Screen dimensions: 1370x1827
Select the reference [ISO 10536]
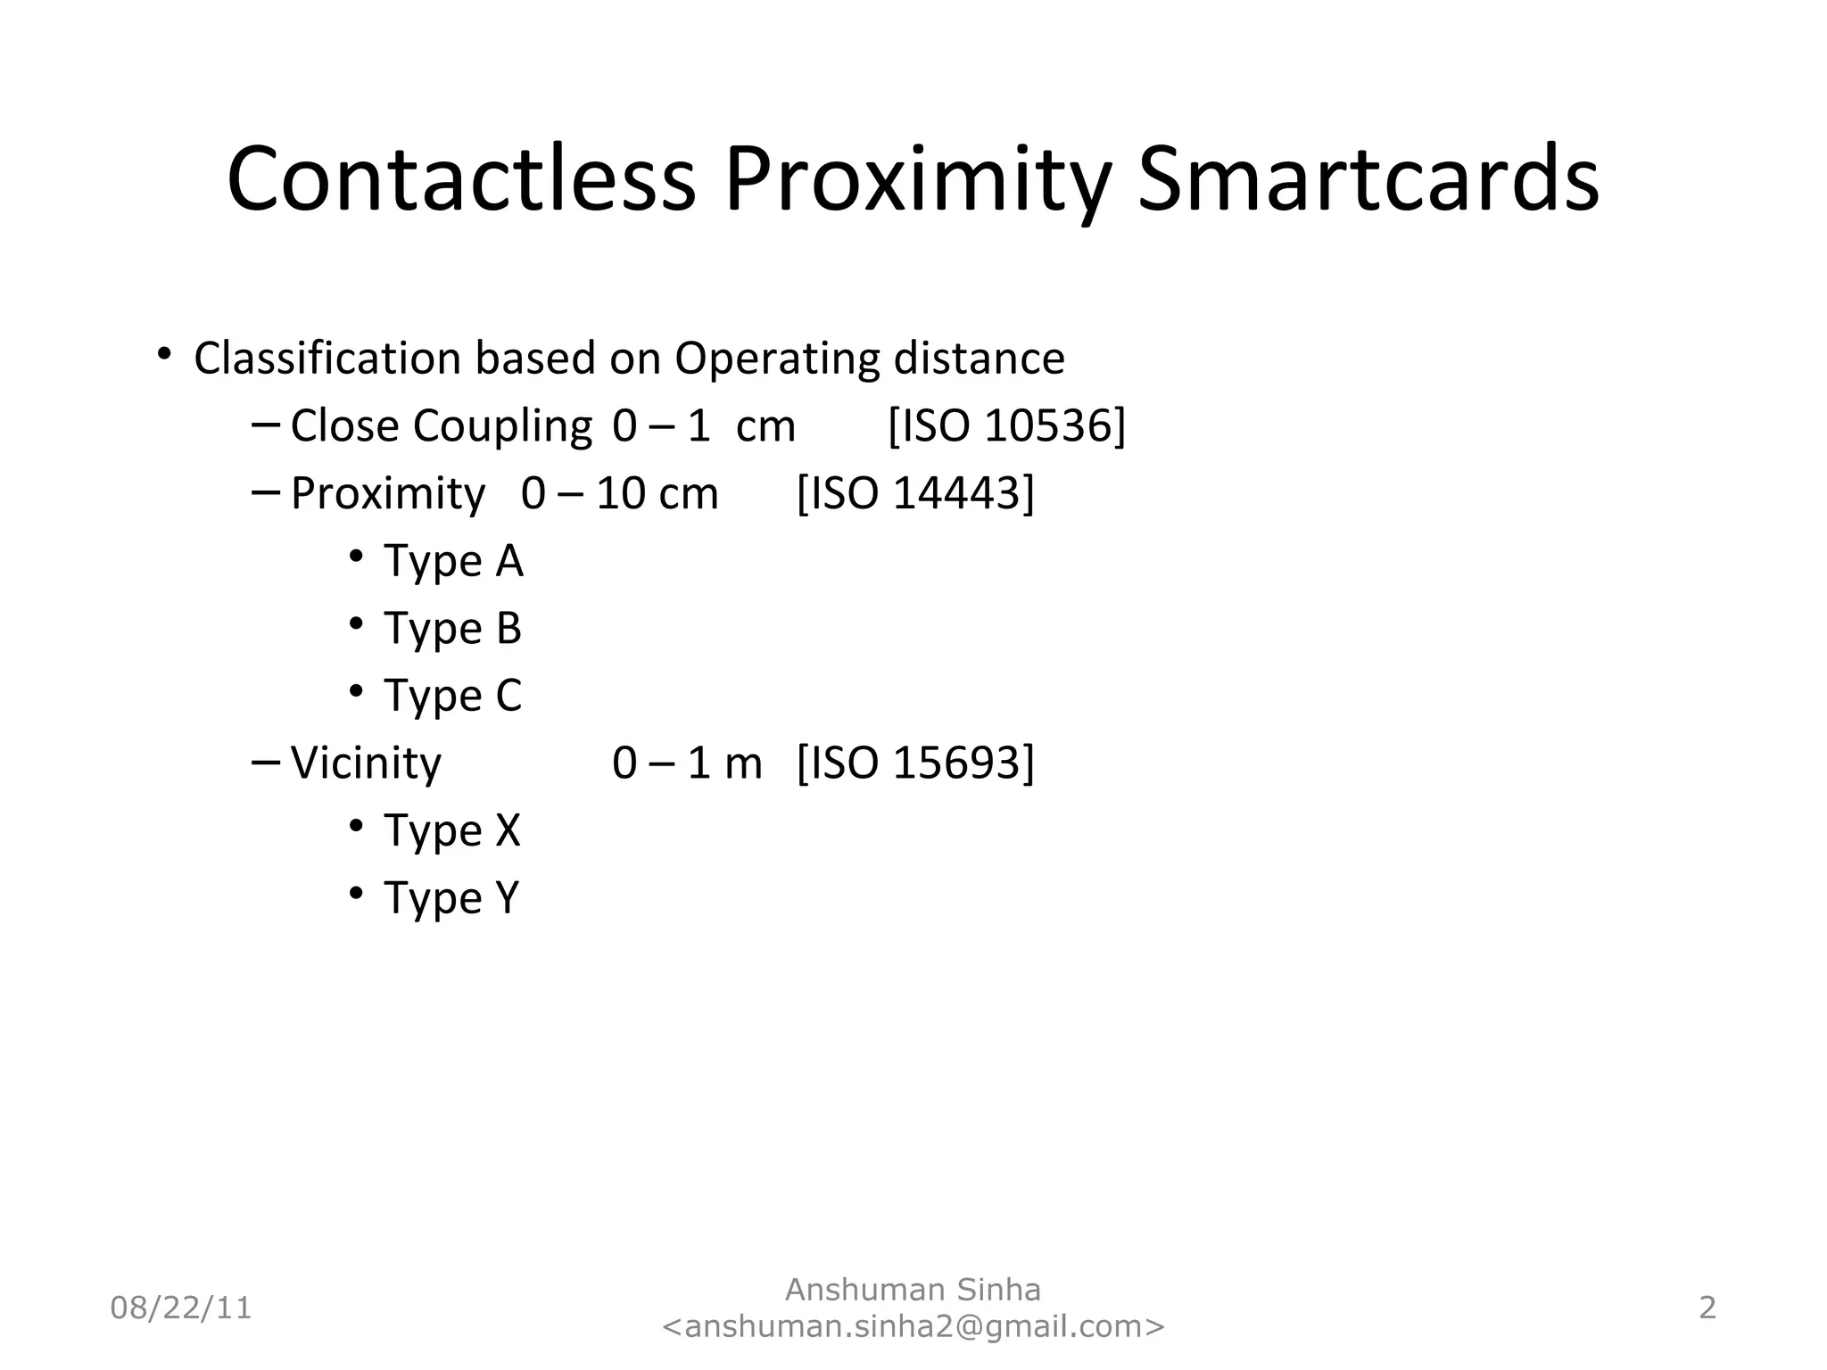1007,425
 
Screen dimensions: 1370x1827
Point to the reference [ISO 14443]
915,493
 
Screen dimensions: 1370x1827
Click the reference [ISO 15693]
915,763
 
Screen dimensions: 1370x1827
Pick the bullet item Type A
453,562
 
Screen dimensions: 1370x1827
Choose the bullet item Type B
452,629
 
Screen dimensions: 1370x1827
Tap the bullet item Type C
452,697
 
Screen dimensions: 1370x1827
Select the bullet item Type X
451,831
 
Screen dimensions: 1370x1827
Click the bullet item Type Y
451,898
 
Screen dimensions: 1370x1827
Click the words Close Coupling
441,426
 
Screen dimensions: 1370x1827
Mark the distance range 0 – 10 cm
619,494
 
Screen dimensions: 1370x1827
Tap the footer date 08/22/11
181,1308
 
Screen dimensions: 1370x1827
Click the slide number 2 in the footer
1707,1308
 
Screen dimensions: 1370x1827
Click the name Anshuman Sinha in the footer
913,1290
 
